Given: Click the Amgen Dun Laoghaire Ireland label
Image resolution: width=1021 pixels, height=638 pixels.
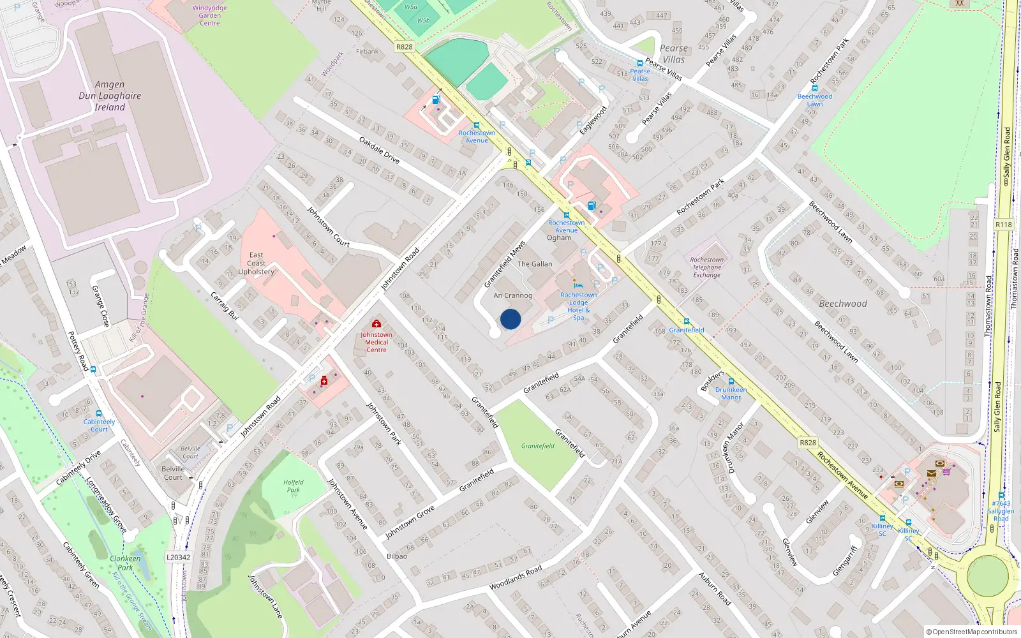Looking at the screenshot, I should [x=110, y=96].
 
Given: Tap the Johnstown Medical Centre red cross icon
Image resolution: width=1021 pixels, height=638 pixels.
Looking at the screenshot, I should [x=376, y=324].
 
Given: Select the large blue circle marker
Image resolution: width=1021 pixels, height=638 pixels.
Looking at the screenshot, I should [x=511, y=319].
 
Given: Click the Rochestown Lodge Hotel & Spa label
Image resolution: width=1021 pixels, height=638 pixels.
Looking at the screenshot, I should [x=578, y=306].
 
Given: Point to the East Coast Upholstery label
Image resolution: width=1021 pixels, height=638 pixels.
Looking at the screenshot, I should [x=256, y=263].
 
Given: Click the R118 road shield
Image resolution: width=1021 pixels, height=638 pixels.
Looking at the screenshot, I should [x=1003, y=225].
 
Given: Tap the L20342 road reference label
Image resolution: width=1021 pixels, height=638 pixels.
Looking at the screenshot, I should [x=179, y=557].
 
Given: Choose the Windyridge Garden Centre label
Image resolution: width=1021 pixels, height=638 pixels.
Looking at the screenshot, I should [x=209, y=15].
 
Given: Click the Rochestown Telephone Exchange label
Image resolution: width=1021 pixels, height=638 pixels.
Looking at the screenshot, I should [x=706, y=267].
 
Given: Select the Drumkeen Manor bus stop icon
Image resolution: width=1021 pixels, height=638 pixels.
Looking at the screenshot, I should [x=731, y=382].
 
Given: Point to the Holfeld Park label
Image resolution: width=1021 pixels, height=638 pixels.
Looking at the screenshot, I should [x=294, y=486].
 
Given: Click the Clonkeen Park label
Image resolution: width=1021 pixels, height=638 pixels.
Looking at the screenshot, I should [x=125, y=563].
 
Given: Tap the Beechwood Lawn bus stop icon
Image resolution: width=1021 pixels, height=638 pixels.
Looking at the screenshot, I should [x=815, y=88].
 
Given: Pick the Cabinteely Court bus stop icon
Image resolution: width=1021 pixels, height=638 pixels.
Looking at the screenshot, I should [x=99, y=413].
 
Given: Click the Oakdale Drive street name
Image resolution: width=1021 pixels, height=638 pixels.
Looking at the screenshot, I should [x=379, y=150].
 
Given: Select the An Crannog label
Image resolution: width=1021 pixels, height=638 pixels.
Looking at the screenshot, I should [x=512, y=295].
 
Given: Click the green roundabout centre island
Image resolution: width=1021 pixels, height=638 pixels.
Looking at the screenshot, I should [x=988, y=576].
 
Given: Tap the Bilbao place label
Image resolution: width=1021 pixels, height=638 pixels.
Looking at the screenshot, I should [x=396, y=556].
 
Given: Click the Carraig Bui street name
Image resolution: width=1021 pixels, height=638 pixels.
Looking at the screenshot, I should [x=225, y=306].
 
